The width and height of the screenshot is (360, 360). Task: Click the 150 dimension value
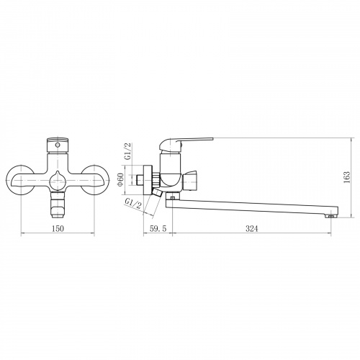pyautogui.click(x=58, y=228)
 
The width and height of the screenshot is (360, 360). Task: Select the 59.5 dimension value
pyautogui.click(x=158, y=228)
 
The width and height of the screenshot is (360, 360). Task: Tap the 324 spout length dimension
pyautogui.click(x=251, y=228)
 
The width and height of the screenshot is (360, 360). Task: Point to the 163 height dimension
pyautogui.click(x=347, y=177)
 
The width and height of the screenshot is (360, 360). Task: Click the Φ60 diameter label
pyautogui.click(x=120, y=180)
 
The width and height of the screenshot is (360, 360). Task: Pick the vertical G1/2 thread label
pyautogui.click(x=128, y=151)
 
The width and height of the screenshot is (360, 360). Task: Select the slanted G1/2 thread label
pyautogui.click(x=132, y=204)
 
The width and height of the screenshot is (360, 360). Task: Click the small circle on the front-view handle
pyautogui.click(x=58, y=145)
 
